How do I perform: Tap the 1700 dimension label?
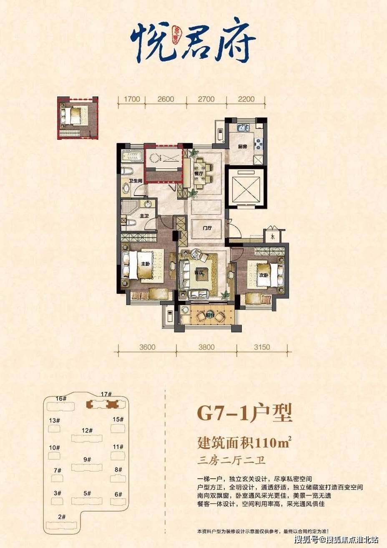pos(131,99)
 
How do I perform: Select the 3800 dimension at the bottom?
pos(206,347)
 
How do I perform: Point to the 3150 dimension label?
pos(262,347)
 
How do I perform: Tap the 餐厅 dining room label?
pos(199,173)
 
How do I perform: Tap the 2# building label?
pos(62,517)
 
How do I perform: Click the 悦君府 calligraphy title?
pos(193,40)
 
